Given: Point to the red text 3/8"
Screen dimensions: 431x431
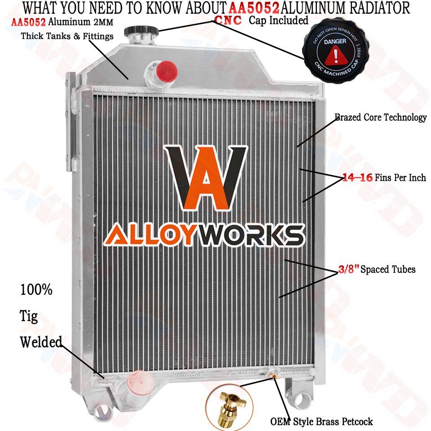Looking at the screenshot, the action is pos(349,270).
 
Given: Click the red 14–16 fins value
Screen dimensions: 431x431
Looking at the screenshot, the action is pos(357,178).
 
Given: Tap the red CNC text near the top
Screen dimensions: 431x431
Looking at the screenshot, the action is pos(229,20).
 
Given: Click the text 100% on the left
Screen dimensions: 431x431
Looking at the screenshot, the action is pos(36,290).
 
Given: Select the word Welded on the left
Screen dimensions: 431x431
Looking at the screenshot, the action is pos(41,342).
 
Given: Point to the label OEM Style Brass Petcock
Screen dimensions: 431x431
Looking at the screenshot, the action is pos(321,422).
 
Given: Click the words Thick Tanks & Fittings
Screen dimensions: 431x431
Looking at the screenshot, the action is pos(67,36).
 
